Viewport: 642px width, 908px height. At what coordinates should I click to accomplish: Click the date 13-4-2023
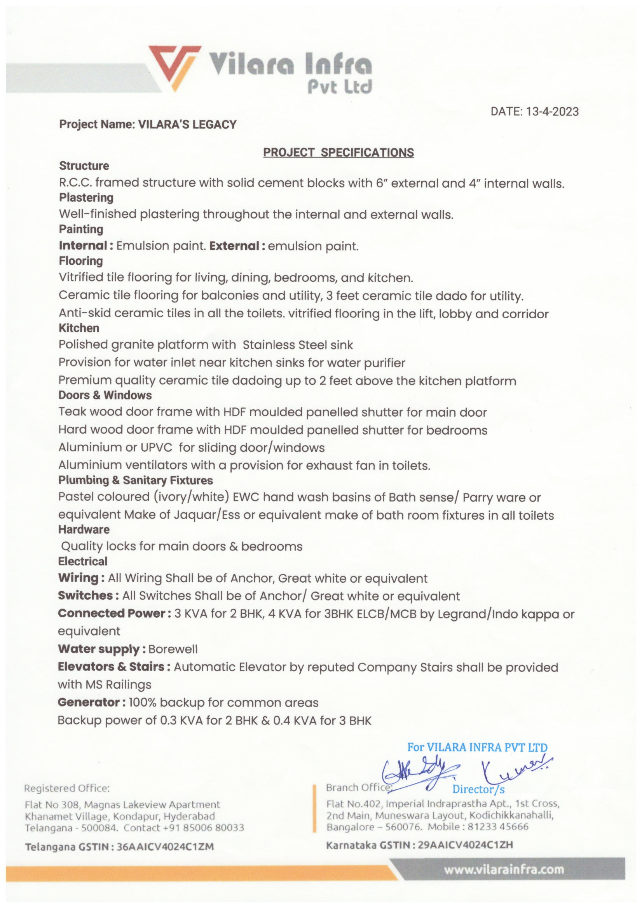tap(552, 112)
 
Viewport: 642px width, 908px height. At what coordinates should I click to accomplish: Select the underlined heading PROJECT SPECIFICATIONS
tap(338, 153)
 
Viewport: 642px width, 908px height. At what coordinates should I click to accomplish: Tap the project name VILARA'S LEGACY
tap(187, 124)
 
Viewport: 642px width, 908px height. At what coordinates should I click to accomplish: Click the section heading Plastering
tap(86, 198)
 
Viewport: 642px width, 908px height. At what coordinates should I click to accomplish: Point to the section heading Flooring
tap(81, 261)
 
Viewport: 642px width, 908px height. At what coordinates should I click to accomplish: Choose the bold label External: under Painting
tap(237, 246)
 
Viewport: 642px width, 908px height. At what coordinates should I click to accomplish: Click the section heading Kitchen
tap(79, 328)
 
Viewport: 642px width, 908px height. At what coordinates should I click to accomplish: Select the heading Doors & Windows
tap(105, 395)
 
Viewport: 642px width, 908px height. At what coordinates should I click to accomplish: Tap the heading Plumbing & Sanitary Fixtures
tap(135, 480)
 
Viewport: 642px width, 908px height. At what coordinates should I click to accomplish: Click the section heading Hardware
tap(84, 529)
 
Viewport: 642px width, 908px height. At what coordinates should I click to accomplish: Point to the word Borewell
tap(173, 650)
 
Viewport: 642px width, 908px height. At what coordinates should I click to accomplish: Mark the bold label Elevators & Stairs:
tap(114, 667)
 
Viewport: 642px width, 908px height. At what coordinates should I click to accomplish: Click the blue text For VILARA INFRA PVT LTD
tap(477, 747)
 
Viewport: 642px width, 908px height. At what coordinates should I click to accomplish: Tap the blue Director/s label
tap(478, 789)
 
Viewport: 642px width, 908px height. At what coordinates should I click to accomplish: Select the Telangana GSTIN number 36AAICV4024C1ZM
tap(165, 847)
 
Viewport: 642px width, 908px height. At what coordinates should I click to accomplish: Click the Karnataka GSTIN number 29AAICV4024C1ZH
tap(465, 845)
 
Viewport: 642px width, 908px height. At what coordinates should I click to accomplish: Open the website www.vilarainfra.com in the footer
tap(504, 870)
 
